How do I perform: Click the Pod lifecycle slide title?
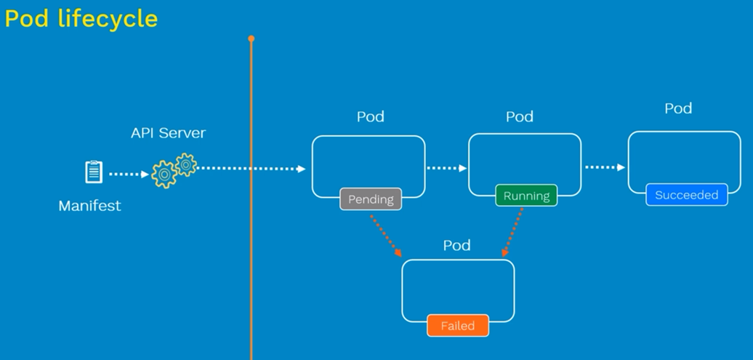click(81, 19)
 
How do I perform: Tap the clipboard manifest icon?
click(94, 172)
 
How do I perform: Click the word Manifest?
click(90, 206)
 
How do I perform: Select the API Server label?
click(168, 132)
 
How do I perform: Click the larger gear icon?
click(164, 175)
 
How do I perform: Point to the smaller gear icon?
click(186, 165)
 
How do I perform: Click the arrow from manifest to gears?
click(129, 174)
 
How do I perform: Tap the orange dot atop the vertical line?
click(251, 39)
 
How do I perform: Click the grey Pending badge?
click(371, 199)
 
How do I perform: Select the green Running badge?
click(526, 196)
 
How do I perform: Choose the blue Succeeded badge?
click(687, 195)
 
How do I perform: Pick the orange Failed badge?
click(458, 325)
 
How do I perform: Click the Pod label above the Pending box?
click(370, 117)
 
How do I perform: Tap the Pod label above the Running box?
click(520, 117)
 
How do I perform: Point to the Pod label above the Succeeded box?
click(678, 108)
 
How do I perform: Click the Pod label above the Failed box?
click(456, 245)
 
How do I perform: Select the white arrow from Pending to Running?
click(446, 168)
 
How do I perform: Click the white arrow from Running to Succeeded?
click(605, 167)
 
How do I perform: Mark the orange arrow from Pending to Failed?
click(386, 236)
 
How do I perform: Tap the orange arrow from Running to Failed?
click(512, 233)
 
